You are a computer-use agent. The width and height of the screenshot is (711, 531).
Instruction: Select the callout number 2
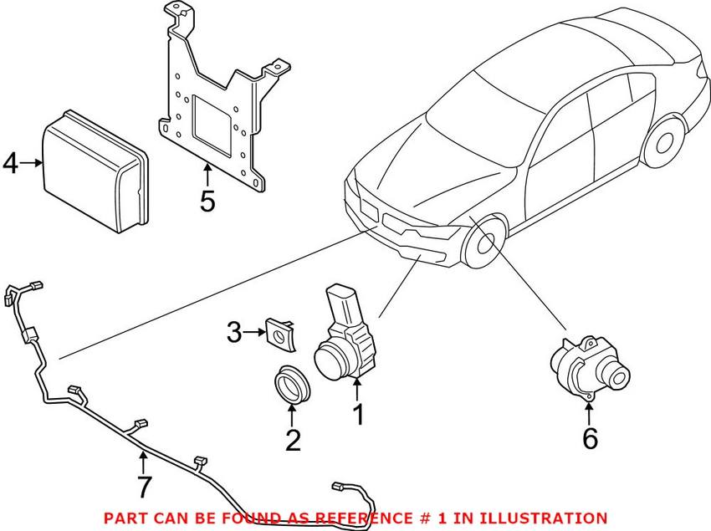coord(292,440)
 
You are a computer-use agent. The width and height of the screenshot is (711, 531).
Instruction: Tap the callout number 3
coord(234,334)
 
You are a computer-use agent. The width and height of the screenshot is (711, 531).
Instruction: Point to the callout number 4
coord(11,162)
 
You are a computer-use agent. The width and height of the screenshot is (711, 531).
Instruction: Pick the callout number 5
coord(207,201)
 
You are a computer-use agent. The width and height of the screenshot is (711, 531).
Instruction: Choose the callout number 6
coord(590,438)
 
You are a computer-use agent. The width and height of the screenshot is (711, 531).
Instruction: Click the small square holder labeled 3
coord(277,334)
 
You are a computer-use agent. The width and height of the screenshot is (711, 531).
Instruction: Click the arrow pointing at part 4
coord(32,163)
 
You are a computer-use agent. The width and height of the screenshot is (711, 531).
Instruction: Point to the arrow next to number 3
coord(253,334)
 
